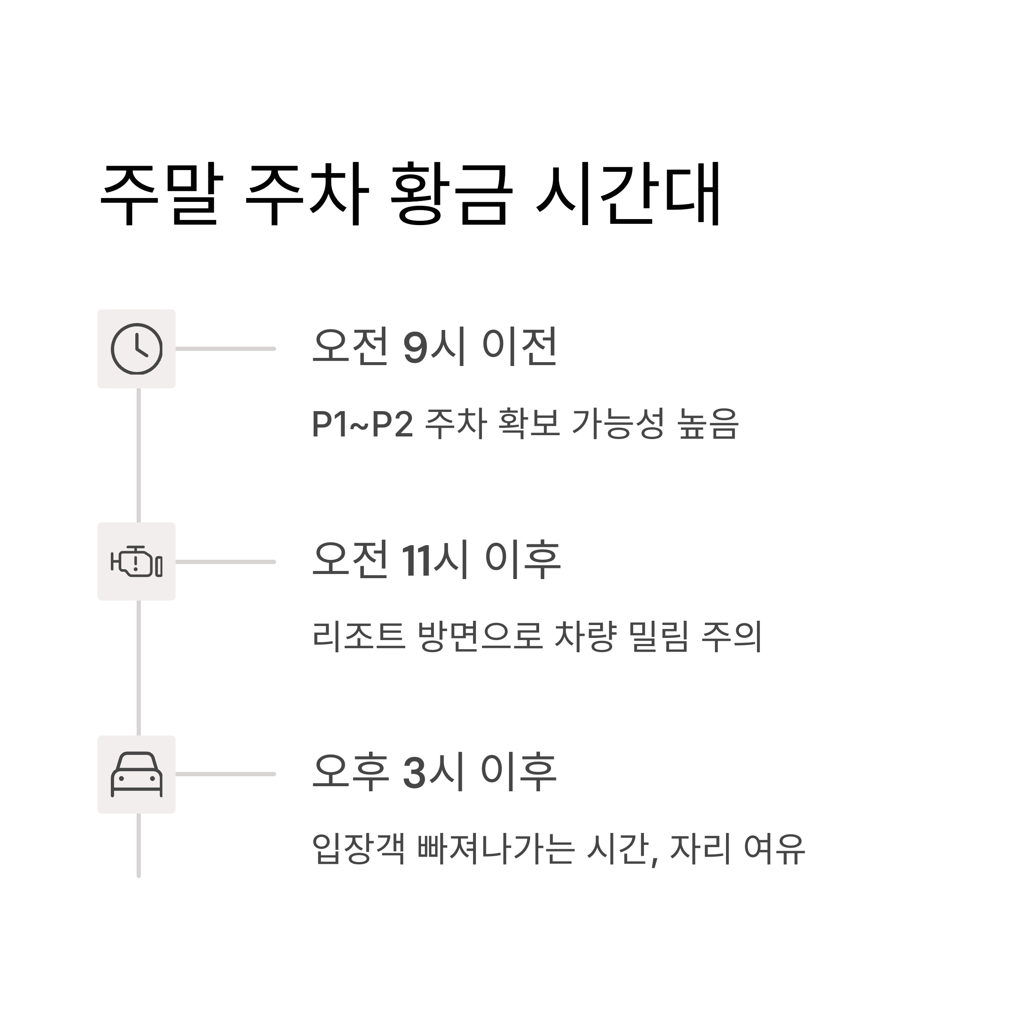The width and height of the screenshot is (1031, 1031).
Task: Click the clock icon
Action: (x=137, y=349)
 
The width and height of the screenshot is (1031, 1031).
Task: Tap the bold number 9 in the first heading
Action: (x=416, y=348)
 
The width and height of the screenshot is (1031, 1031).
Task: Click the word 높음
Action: (x=708, y=424)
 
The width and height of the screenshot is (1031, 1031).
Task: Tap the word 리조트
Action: (x=359, y=637)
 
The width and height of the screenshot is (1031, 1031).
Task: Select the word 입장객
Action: (x=359, y=849)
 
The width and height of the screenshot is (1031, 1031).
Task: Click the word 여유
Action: (x=774, y=849)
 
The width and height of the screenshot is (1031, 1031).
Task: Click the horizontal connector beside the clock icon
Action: (x=225, y=349)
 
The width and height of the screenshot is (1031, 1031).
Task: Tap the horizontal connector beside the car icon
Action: (x=225, y=774)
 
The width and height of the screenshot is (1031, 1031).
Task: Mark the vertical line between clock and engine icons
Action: (x=139, y=455)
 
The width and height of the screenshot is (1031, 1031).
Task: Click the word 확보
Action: (x=528, y=424)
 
